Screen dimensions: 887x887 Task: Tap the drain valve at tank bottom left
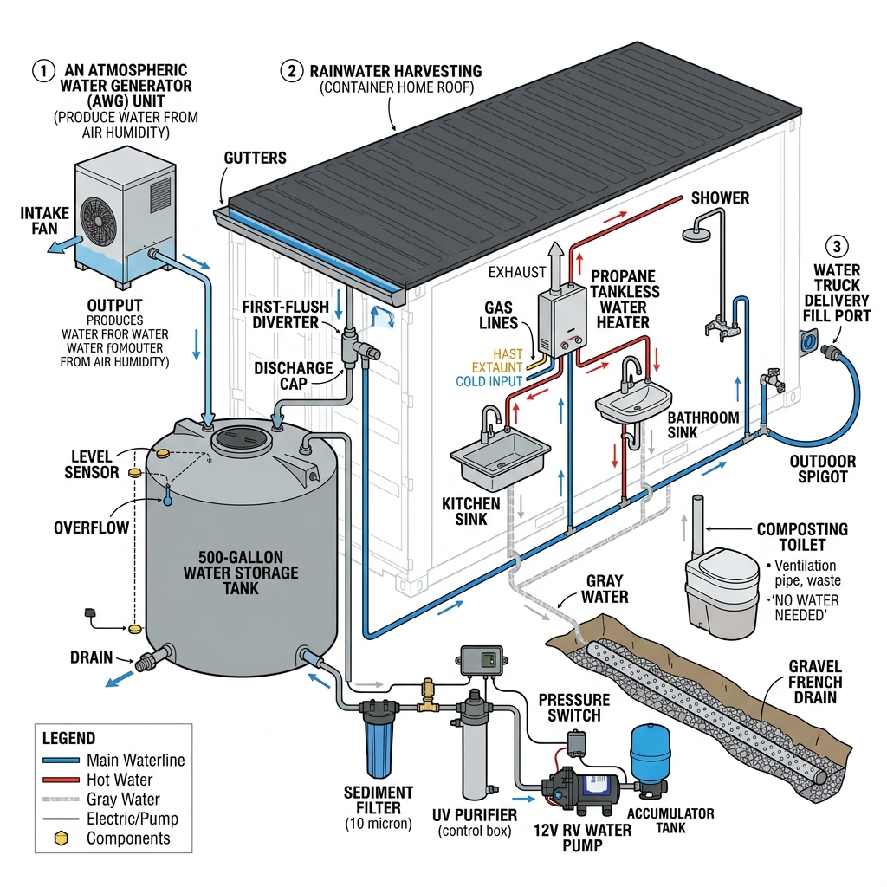pos(146,664)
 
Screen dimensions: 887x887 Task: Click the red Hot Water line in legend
pos(60,780)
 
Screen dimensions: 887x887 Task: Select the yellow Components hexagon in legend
pos(60,838)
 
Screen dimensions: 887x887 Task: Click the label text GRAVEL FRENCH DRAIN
pos(814,681)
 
